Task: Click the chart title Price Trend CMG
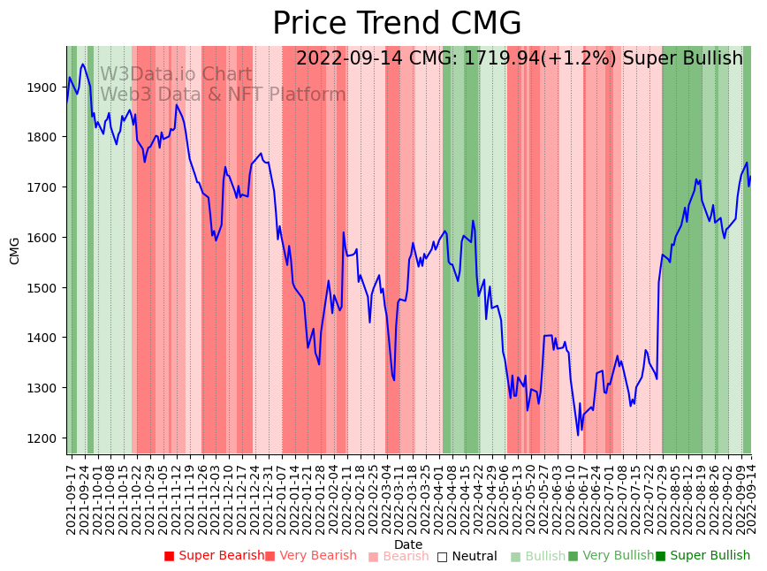tap(397, 24)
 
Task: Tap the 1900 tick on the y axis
tap(45, 88)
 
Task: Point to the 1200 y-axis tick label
tap(45, 438)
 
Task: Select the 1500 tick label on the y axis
tap(45, 288)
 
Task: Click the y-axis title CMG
tap(15, 250)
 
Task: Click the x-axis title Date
tap(408, 544)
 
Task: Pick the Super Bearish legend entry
tap(214, 556)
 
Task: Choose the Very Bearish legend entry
tap(310, 556)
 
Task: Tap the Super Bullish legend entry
tap(702, 556)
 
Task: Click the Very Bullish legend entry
tap(611, 556)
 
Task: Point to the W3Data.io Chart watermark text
tap(176, 74)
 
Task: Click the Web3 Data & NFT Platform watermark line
tap(223, 95)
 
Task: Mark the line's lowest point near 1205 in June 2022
tap(578, 435)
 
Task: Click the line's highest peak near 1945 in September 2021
tap(83, 64)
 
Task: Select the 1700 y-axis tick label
tap(45, 187)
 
